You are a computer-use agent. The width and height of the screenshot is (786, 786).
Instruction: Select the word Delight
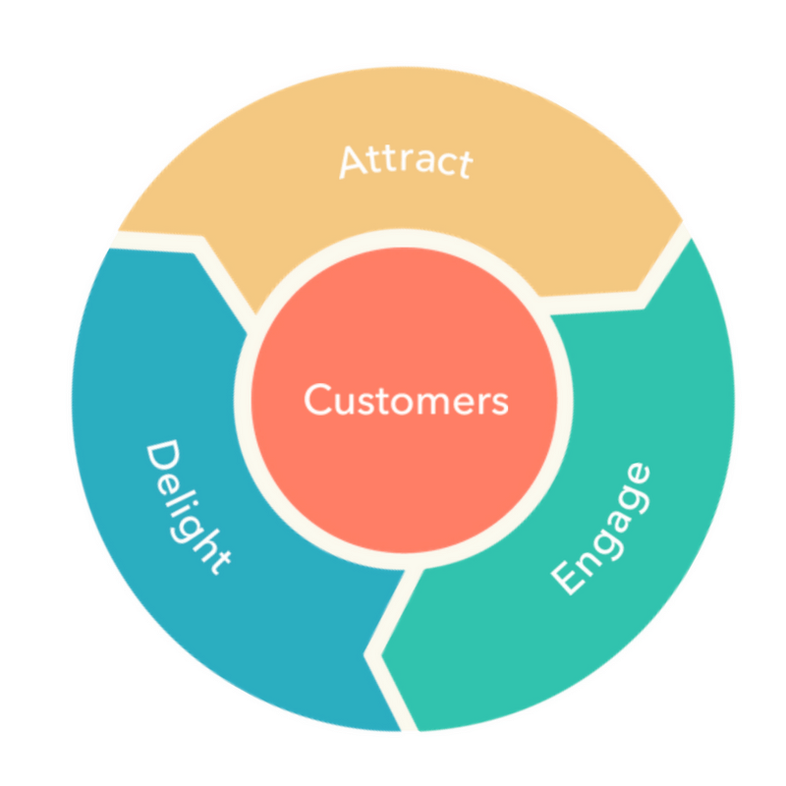point(188,508)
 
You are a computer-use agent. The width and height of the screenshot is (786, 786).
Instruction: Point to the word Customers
point(406,401)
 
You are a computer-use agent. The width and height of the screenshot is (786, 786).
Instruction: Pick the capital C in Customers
point(317,400)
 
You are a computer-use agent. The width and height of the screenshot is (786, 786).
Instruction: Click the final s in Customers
point(499,404)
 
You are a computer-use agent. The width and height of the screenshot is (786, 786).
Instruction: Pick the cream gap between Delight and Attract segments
point(167,242)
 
